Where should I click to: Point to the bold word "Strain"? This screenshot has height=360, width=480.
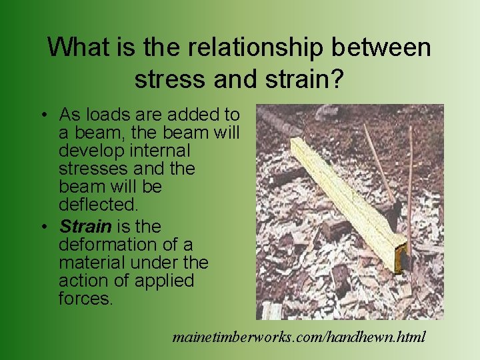[x=85, y=227]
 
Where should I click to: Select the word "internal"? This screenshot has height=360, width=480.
[x=161, y=151]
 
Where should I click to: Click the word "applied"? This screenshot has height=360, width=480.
[x=164, y=281]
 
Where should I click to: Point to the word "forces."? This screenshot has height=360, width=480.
[x=86, y=298]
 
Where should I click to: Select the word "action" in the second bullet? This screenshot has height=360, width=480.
[x=85, y=281]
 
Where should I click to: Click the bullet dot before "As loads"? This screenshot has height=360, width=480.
[x=43, y=115]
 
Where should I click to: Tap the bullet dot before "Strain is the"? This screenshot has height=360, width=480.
[x=43, y=227]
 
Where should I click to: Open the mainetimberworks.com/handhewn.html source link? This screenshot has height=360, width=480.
[x=299, y=336]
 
